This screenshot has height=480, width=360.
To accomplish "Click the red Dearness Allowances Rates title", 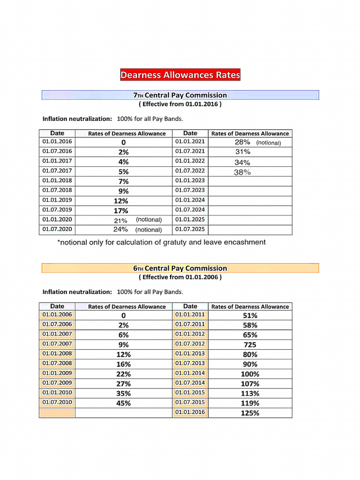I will tap(180, 75).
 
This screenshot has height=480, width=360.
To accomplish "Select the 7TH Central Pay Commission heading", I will tap(180, 95).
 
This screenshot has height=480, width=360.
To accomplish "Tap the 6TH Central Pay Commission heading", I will tap(180, 268).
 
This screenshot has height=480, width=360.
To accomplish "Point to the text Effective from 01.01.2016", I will tap(180, 104).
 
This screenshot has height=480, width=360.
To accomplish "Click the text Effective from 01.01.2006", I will tap(180, 277).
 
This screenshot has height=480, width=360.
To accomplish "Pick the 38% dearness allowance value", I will tap(242, 172).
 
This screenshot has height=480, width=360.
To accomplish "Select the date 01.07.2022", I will tap(190, 171).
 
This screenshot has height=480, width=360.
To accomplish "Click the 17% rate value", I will tap(120, 210).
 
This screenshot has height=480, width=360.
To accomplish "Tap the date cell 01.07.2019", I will tap(57, 210).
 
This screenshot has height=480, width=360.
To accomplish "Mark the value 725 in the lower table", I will tap(250, 345).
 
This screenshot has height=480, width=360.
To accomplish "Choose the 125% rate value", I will tap(250, 413).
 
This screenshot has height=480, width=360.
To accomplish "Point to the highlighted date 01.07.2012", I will tap(190, 344).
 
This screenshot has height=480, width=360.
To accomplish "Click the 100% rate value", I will tap(250, 374).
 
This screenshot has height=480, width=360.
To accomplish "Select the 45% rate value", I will tap(123, 403).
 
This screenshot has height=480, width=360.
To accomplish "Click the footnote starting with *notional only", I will tap(161, 242).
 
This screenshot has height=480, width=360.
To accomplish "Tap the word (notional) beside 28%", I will tap(269, 142).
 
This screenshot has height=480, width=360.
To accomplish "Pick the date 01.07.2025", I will tap(190, 229).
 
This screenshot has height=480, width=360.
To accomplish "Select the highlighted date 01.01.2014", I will tap(190, 373).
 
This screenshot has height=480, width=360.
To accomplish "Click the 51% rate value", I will tap(250, 315).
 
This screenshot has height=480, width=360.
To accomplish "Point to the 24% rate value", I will tap(120, 230).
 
